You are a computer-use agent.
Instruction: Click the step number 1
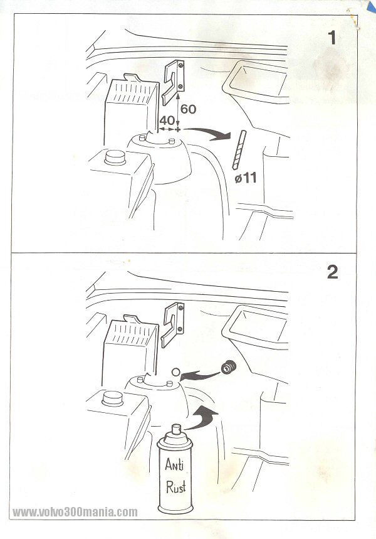pos(332,38)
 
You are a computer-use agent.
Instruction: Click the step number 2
pos(332,272)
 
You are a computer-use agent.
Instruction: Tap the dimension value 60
pos(188,109)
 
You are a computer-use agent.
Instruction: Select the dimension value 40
pos(167,120)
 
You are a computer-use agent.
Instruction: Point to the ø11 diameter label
pos(246,178)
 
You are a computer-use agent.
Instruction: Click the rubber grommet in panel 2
pos(227,368)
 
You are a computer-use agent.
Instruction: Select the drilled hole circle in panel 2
pos(175,371)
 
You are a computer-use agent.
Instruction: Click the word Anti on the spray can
pos(174,464)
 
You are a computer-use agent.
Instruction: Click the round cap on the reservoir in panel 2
pos(112,399)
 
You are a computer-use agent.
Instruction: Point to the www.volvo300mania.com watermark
pos(75,512)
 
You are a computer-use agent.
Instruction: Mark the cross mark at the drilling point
pos(177,130)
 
